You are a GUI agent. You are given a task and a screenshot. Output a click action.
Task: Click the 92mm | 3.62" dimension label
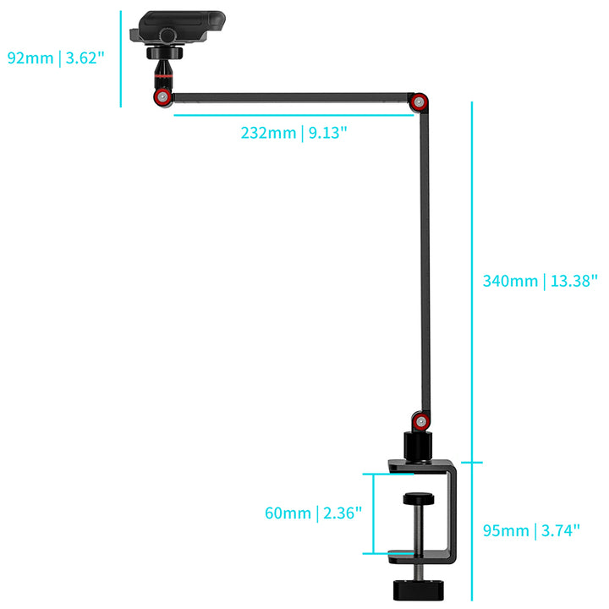click(54, 58)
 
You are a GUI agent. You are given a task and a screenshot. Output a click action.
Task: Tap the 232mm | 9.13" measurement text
click(294, 133)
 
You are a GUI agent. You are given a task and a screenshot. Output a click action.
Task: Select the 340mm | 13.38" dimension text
click(540, 281)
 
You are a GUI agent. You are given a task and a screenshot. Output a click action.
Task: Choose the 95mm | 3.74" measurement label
click(531, 530)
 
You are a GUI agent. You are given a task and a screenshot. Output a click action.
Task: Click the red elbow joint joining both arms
click(417, 103)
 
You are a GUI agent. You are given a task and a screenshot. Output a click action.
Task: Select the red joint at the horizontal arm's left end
click(161, 97)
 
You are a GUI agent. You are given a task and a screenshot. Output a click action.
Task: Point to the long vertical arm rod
click(421, 262)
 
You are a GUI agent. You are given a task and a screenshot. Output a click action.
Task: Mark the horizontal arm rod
click(288, 98)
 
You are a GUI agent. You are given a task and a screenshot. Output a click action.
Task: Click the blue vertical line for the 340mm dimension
click(471, 279)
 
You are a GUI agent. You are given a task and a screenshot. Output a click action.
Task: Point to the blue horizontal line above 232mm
click(288, 114)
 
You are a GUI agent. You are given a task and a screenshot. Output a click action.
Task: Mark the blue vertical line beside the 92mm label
click(121, 58)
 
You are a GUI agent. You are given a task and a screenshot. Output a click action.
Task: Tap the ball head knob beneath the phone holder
click(161, 54)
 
